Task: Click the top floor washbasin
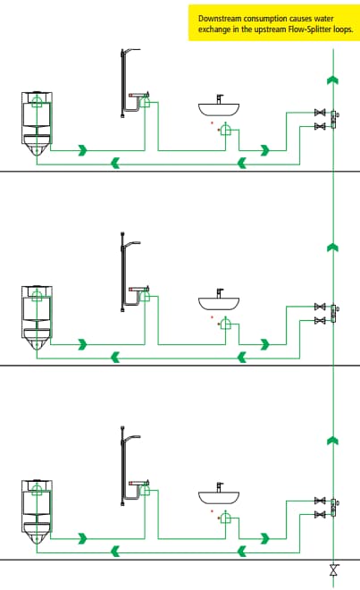pyautogui.click(x=219, y=109)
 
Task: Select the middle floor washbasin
pyautogui.click(x=219, y=303)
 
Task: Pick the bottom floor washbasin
pyautogui.click(x=219, y=497)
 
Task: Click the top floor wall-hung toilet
pyautogui.click(x=37, y=123)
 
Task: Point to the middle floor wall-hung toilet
pyautogui.click(x=37, y=317)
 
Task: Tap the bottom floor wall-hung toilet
pyautogui.click(x=37, y=511)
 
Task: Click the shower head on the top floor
pyautogui.click(x=132, y=50)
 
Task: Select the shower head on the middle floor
pyautogui.click(x=132, y=243)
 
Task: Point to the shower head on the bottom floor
pyautogui.click(x=132, y=437)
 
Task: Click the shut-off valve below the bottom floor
pyautogui.click(x=334, y=570)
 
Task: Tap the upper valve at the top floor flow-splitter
pyautogui.click(x=320, y=113)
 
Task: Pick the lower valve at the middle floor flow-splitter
pyautogui.click(x=320, y=321)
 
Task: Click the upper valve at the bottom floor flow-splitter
pyautogui.click(x=320, y=501)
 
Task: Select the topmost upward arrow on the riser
pyautogui.click(x=333, y=80)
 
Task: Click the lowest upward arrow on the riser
pyautogui.click(x=333, y=441)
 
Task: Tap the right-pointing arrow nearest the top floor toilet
pyautogui.click(x=83, y=150)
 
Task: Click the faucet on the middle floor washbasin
pyautogui.click(x=220, y=292)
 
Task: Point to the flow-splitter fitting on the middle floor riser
pyautogui.click(x=334, y=314)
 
